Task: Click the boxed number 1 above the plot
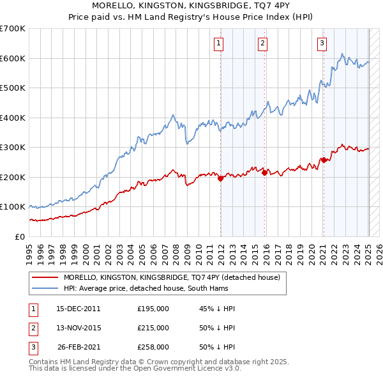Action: (x=218, y=43)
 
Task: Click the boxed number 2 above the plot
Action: (x=262, y=43)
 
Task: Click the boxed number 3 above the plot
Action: (x=322, y=43)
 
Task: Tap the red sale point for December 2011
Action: (x=220, y=179)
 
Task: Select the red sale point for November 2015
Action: (x=264, y=173)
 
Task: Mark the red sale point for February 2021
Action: (x=324, y=160)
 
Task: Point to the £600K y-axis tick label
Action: (x=13, y=58)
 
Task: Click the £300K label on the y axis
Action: (x=13, y=148)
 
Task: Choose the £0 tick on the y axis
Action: (x=20, y=237)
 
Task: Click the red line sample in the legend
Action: (x=45, y=277)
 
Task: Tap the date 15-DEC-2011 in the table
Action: (x=79, y=309)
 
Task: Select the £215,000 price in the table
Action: (x=153, y=328)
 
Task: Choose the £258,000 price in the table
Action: (x=153, y=347)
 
